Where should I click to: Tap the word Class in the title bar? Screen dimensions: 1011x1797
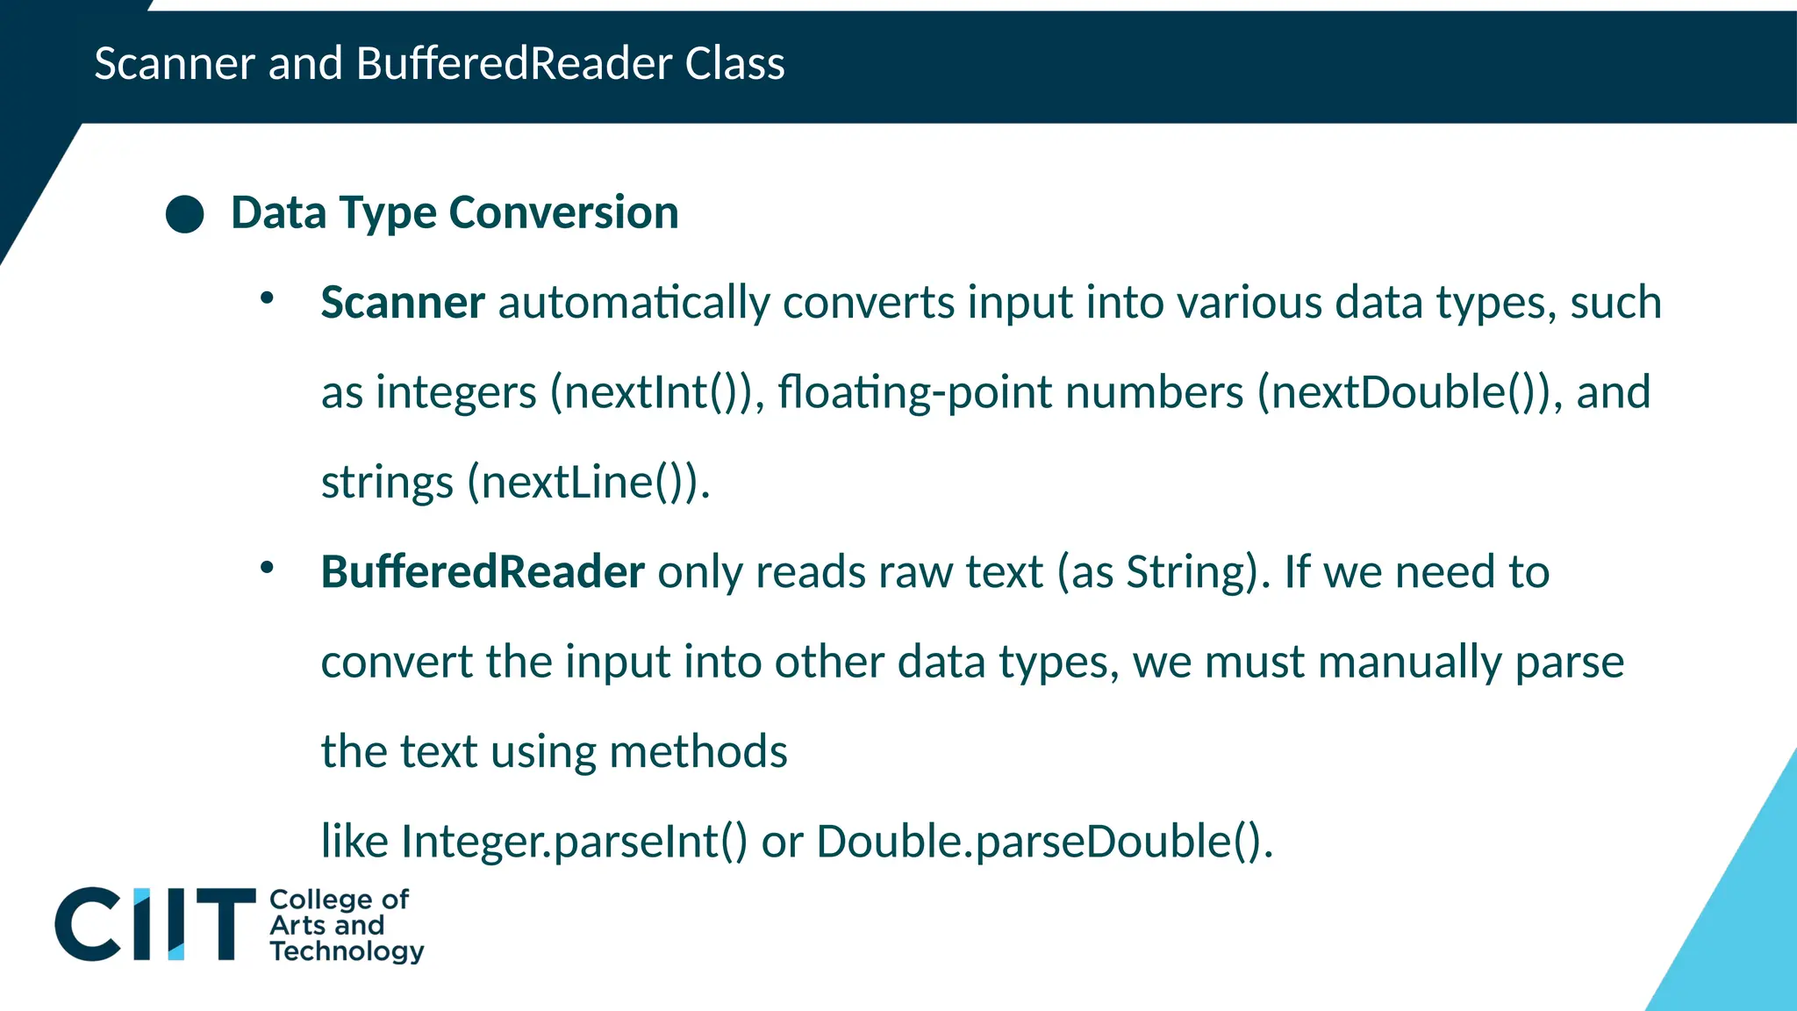pos(734,64)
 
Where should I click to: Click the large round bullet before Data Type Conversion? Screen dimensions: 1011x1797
pos(185,214)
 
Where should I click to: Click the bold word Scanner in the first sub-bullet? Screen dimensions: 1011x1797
pos(403,303)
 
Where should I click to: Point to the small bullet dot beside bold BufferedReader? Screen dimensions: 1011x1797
pos(267,568)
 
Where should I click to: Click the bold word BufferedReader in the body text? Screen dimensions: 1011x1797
pos(483,572)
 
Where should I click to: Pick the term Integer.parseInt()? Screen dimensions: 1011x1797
pos(574,842)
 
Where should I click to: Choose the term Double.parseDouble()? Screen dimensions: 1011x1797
pos(1040,842)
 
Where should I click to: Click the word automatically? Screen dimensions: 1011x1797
pos(634,303)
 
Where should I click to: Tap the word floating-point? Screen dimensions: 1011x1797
pos(914,392)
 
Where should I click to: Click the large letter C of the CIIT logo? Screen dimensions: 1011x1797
pos(88,924)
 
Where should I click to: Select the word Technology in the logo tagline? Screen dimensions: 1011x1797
pos(347,951)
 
